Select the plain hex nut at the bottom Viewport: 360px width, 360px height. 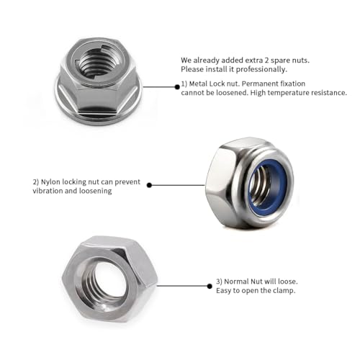[108, 277]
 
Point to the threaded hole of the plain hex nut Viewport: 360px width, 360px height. [107, 278]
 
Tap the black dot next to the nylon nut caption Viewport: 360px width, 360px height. [149, 184]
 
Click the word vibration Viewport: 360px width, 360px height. [48, 191]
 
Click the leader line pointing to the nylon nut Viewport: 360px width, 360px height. [176, 184]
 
